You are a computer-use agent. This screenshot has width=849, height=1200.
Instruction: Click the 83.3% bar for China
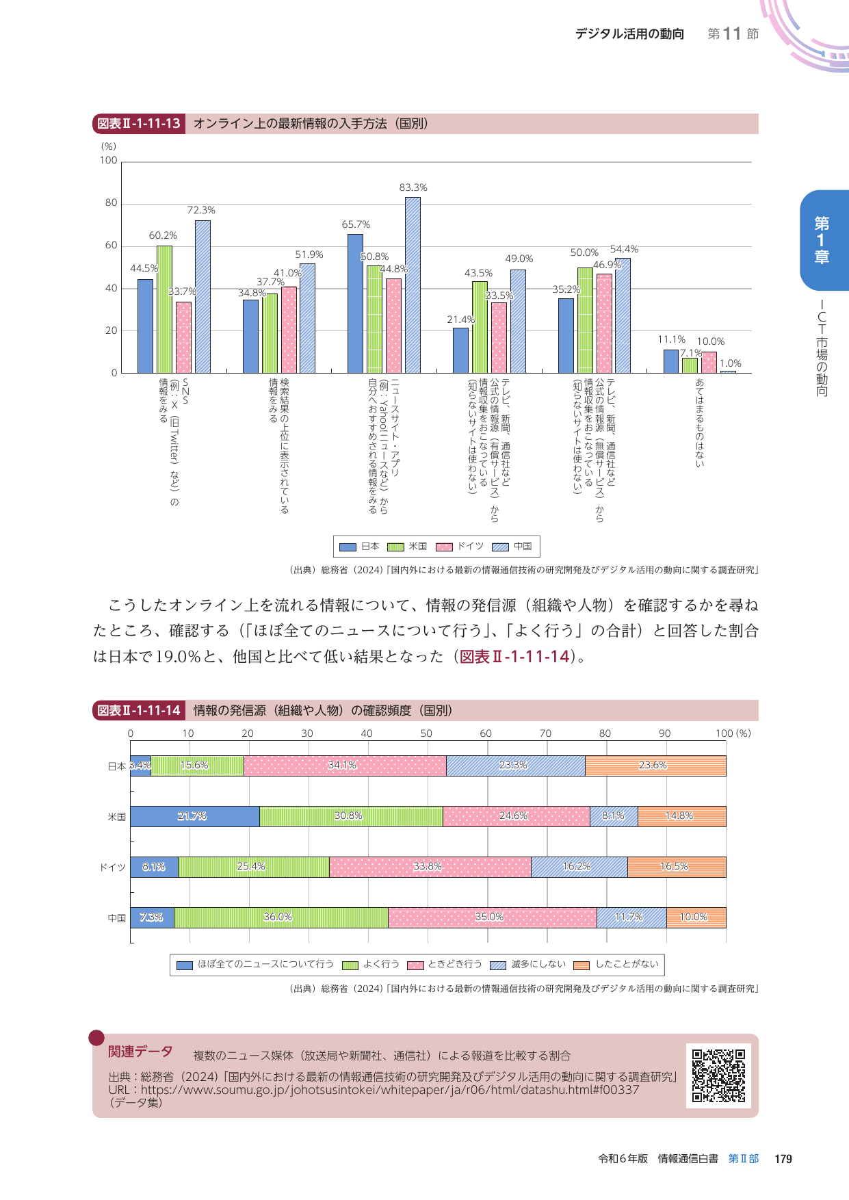413,285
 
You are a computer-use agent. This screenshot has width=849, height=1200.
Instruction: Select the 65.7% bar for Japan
355,304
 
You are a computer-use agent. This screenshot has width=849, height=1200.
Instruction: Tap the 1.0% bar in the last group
728,371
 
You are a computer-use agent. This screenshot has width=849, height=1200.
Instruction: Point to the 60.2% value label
163,235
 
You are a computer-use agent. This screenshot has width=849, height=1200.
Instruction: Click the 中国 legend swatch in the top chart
501,547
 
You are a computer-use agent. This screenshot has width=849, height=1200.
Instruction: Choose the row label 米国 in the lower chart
117,817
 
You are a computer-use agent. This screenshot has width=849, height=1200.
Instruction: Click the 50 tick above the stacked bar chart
426,733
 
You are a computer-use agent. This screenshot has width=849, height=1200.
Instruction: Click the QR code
718,1075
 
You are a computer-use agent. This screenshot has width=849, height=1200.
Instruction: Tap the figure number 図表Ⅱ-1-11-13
139,124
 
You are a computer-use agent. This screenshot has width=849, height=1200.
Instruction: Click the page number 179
783,1159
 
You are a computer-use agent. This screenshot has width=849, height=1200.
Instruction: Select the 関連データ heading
140,1052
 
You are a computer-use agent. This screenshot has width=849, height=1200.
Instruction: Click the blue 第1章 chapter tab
823,240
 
